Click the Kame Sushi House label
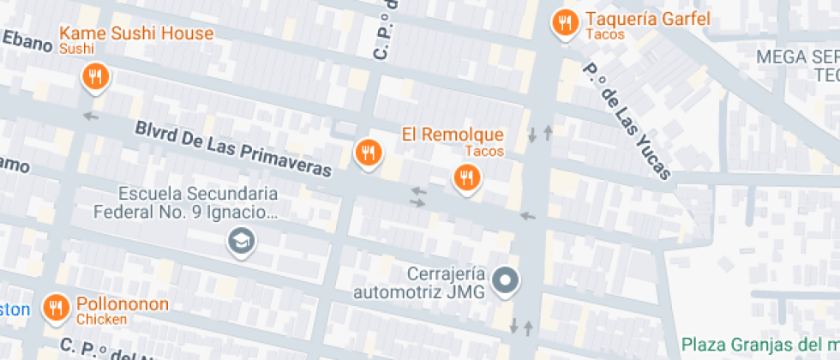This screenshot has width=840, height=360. [x=135, y=34]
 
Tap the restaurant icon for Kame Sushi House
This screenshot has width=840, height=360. [x=95, y=78]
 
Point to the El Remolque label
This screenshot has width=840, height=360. [x=453, y=135]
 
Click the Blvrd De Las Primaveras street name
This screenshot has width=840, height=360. [x=232, y=148]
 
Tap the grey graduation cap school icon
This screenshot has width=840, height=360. [x=242, y=242]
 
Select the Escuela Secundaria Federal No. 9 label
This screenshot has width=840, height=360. [x=197, y=201]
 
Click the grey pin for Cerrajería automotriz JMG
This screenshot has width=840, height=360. [x=506, y=279]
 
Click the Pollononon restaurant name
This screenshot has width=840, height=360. [x=123, y=304]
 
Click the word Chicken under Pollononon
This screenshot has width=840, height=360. [x=101, y=320]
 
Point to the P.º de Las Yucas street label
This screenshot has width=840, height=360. [x=627, y=121]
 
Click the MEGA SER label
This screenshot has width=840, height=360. [x=797, y=57]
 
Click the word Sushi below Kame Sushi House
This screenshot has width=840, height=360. [x=76, y=50]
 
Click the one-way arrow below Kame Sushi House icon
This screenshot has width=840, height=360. [x=91, y=115]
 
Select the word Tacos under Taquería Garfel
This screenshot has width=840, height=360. [x=605, y=35]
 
